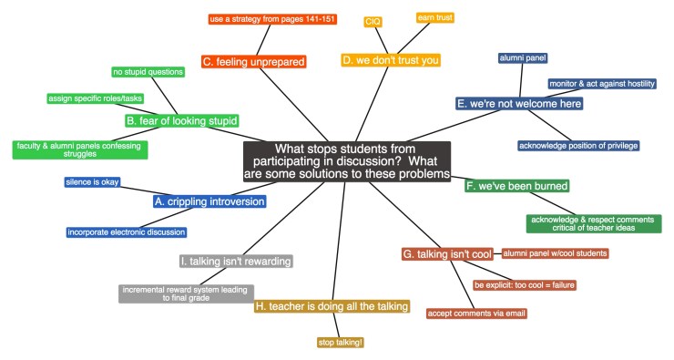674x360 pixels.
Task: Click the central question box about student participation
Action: tap(347, 161)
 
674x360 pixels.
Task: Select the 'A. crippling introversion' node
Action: tap(210, 201)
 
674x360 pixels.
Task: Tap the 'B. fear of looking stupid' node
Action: tap(182, 120)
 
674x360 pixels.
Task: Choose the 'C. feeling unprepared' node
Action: tap(254, 62)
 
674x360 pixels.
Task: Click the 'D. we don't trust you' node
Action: tap(391, 60)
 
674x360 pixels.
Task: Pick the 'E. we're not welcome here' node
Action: tap(519, 103)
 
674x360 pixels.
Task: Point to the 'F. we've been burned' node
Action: tap(517, 186)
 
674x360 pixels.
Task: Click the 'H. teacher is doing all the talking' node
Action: tap(332, 307)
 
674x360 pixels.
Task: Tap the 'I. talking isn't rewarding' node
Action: tap(236, 262)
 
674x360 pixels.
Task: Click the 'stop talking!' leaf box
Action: tap(339, 343)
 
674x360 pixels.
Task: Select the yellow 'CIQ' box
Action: tap(373, 21)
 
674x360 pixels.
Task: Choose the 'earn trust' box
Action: tap(434, 17)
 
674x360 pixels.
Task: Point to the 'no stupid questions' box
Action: tap(148, 72)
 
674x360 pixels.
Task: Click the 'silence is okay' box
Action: tap(92, 182)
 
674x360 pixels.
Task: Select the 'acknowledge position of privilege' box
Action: tap(578, 146)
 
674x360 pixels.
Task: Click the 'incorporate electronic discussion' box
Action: tap(127, 232)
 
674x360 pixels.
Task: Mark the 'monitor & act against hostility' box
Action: tap(601, 84)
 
